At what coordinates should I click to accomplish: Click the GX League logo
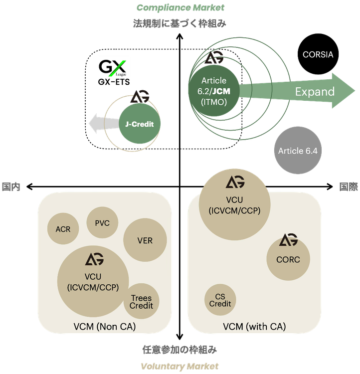(x=114, y=67)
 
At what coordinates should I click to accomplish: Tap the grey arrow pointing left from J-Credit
(x=103, y=124)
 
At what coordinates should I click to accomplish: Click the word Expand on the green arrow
(x=314, y=91)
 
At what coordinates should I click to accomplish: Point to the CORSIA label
(x=318, y=54)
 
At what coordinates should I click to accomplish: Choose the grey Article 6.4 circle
(x=297, y=151)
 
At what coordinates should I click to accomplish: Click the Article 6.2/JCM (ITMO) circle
(x=213, y=91)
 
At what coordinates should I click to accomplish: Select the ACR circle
(x=63, y=229)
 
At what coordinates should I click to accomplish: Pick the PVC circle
(x=102, y=223)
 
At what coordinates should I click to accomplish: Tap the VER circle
(x=145, y=240)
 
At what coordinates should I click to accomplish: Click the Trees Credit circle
(x=142, y=302)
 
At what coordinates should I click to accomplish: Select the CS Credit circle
(x=220, y=300)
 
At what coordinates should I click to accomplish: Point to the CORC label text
(x=288, y=259)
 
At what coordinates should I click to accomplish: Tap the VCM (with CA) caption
(x=254, y=327)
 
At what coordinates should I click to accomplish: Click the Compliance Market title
(x=180, y=7)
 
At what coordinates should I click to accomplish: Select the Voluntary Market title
(x=180, y=366)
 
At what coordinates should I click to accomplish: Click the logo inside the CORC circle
(x=288, y=240)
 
